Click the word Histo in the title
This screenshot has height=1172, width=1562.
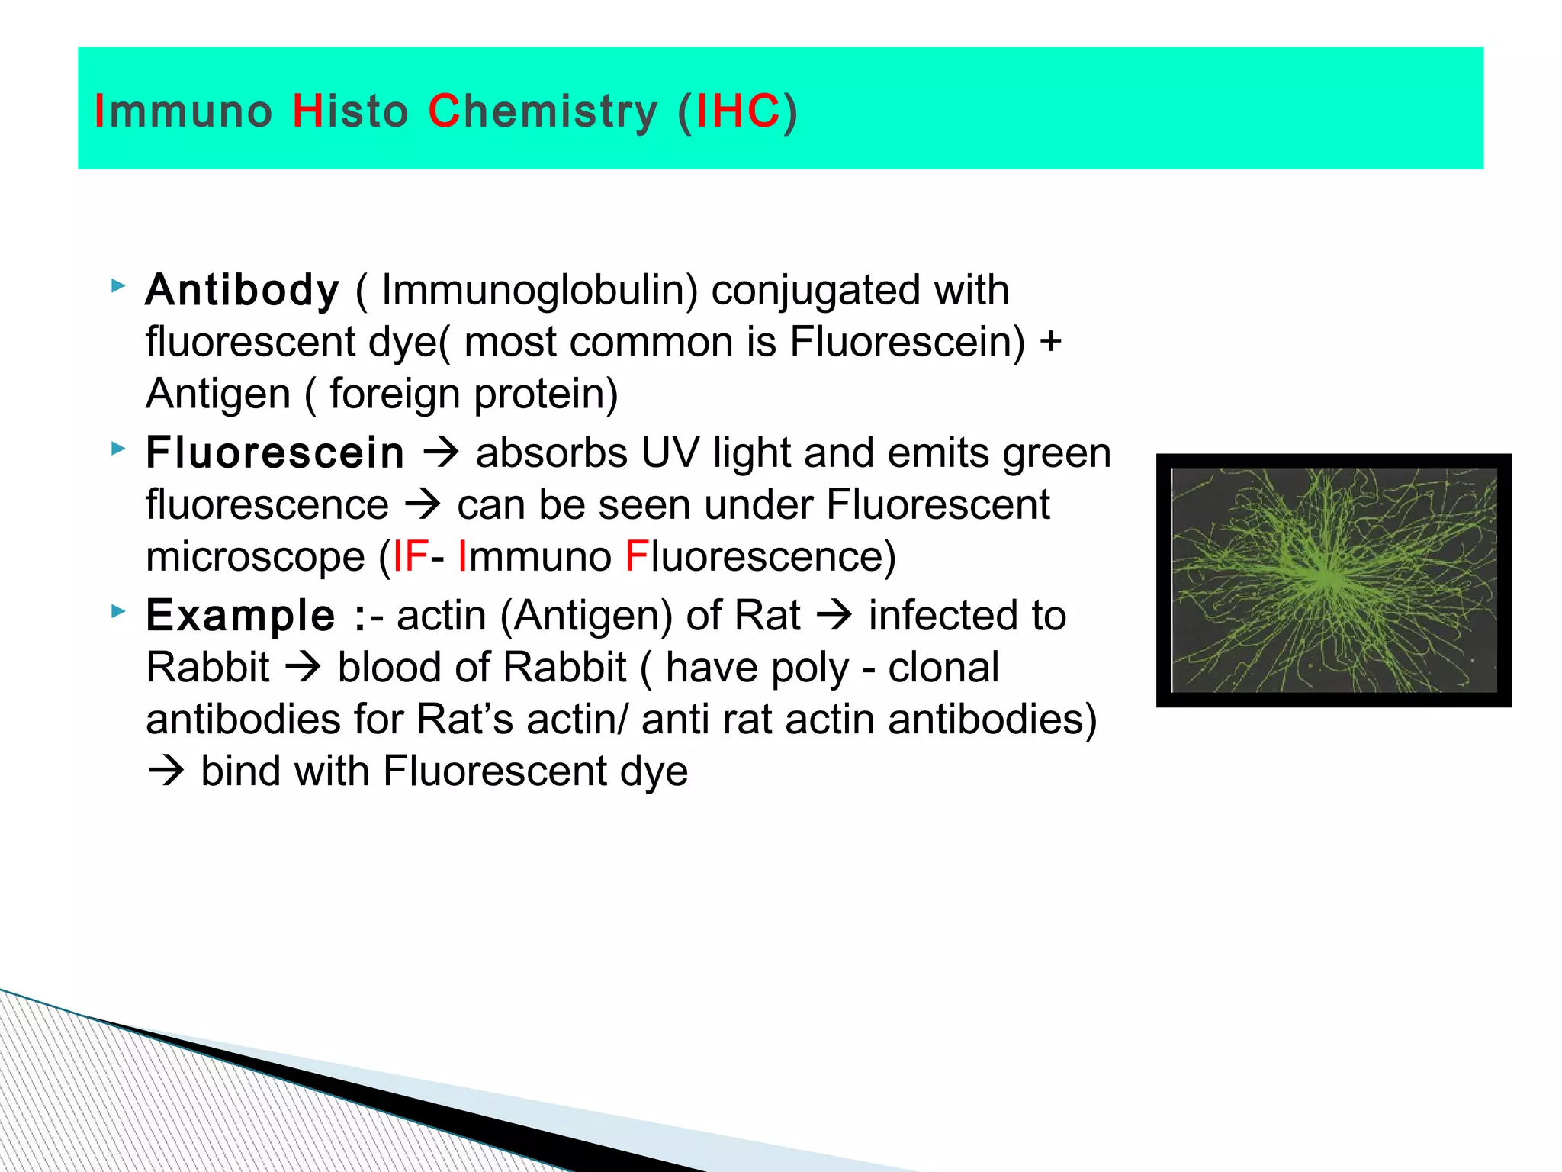coord(350,111)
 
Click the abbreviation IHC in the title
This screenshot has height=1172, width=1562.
coord(738,111)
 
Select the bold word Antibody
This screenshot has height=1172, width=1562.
coord(242,291)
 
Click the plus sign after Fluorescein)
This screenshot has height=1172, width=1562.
coord(1050,341)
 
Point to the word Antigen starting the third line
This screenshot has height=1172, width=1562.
coord(218,394)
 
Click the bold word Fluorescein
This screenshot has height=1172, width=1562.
coord(275,453)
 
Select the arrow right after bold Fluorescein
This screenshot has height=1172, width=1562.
coord(441,453)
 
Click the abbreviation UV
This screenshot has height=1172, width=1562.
coord(670,453)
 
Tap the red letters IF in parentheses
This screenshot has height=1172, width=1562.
coord(410,556)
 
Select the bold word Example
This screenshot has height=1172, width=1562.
coord(240,616)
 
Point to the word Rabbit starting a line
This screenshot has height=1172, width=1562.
coord(207,668)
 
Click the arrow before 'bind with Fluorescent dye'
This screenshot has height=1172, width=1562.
coord(166,771)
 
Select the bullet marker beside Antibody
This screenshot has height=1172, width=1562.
coord(117,286)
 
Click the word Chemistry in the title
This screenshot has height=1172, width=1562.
coord(542,111)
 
